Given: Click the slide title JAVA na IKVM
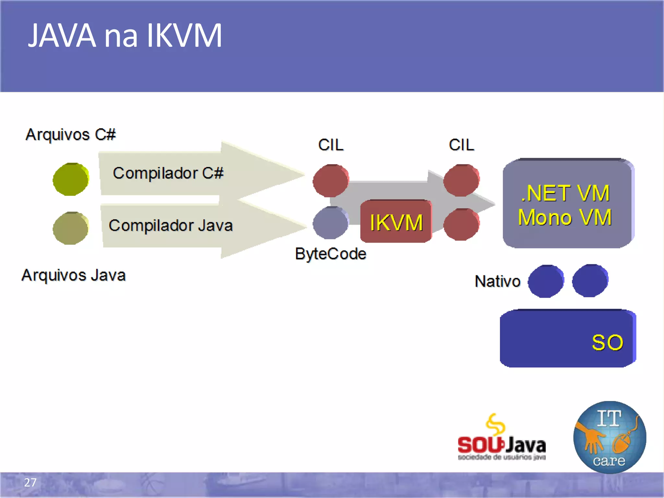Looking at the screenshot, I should (125, 36).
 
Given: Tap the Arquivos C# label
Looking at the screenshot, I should (70, 135).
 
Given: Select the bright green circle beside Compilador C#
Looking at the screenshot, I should (71, 179).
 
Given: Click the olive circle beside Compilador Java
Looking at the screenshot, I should (71, 228).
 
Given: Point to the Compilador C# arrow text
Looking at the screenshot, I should (168, 173).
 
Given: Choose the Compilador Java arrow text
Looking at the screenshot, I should (171, 225).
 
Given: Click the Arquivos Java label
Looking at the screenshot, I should (74, 275).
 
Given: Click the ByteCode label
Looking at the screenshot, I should (330, 254).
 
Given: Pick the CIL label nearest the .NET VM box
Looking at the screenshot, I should (461, 145).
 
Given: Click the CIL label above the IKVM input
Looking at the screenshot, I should (330, 145).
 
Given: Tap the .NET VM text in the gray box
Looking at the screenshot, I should (565, 193).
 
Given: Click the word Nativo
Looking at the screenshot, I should (497, 281).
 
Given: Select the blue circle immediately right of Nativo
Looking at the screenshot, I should (546, 281).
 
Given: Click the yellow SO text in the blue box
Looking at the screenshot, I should (607, 342).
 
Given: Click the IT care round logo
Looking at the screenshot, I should (610, 437).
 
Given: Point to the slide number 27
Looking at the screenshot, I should (30, 482).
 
